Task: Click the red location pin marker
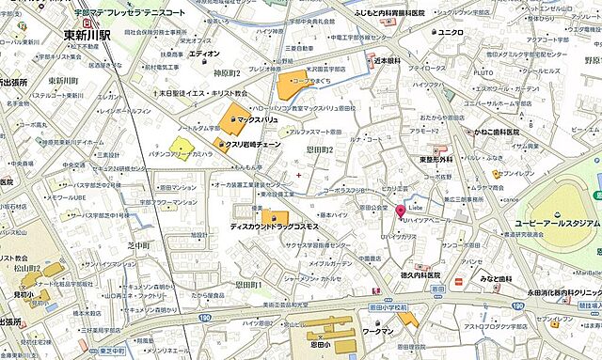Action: pos(400,211)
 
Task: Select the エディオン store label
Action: pos(204,54)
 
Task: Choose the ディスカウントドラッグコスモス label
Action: pos(273,228)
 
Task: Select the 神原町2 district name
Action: pos(227,73)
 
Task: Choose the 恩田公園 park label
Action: pos(373,205)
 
